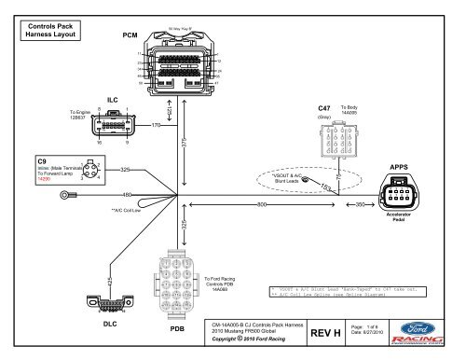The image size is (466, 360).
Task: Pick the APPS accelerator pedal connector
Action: coord(399,197)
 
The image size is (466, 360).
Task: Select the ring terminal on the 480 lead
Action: coord(65,196)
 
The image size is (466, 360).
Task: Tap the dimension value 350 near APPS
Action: coord(359,203)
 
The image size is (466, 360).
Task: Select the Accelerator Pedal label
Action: coord(399,217)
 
